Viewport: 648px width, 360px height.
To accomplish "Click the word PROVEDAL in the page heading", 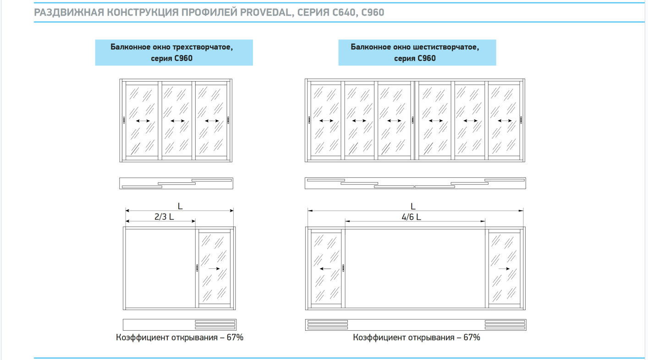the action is pos(265,12).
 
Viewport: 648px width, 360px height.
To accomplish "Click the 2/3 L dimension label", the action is pos(164,217).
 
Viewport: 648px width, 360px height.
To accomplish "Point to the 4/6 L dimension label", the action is pos(411,217).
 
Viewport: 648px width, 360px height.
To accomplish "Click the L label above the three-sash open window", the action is pos(180,206).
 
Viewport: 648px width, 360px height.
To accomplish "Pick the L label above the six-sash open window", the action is pos(413,207).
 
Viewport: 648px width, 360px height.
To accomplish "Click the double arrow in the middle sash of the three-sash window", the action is pos(177,121).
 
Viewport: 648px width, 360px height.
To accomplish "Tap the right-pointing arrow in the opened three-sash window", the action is pos(214,269).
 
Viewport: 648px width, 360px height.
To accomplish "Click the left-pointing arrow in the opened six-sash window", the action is pos(325,269).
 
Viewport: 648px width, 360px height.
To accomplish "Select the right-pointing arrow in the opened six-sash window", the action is pos(504,269).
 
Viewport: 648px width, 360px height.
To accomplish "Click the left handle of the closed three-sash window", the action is pos(124,120).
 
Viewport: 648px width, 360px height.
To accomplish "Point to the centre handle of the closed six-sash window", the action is pos(412,120).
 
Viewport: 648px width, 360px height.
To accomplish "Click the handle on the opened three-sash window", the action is pos(197,268).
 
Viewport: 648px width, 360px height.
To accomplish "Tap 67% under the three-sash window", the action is pos(235,338).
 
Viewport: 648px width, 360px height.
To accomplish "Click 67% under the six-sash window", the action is pos(472,338).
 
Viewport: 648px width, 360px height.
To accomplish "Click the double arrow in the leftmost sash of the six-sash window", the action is pos(326,121).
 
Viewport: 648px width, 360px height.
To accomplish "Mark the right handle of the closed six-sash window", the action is pos(521,120).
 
